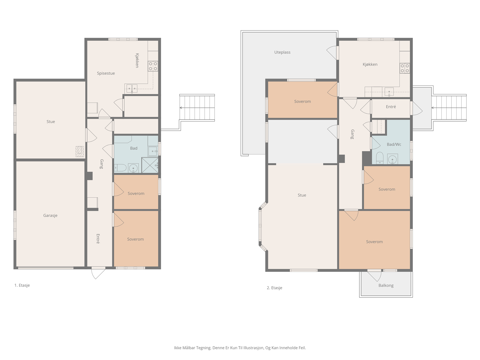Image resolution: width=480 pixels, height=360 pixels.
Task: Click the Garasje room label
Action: pos(50,215)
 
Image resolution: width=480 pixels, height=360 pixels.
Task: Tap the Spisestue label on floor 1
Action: pos(106,73)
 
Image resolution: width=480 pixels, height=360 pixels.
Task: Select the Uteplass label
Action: pos(282,52)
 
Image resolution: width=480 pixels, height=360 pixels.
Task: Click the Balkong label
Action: pos(386,286)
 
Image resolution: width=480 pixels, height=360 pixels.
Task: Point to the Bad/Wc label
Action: pos(394,145)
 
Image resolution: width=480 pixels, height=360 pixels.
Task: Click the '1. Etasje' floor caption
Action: pos(22,285)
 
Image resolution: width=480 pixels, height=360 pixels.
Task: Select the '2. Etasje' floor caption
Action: pos(274,288)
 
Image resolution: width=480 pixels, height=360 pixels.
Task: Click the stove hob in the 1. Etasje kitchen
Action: pos(153,66)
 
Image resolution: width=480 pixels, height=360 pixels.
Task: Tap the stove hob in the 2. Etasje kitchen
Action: pos(405,68)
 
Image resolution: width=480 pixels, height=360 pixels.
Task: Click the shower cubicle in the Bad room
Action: pos(150,165)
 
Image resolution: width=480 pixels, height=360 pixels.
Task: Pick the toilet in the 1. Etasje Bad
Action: pos(120,168)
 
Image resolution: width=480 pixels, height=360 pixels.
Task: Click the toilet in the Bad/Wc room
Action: pos(379,158)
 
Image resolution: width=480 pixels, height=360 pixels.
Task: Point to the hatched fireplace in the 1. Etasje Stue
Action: pos(79,151)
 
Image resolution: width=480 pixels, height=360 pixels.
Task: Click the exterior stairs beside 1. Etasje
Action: pos(197,107)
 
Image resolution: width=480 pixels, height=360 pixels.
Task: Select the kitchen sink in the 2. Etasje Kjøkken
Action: pos(389,92)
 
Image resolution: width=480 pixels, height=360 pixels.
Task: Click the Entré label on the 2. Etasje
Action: pos(391,107)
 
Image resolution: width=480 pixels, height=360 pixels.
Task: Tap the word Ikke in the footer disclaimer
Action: pos(178,348)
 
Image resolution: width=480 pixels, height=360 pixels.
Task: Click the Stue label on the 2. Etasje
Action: pos(302,195)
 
